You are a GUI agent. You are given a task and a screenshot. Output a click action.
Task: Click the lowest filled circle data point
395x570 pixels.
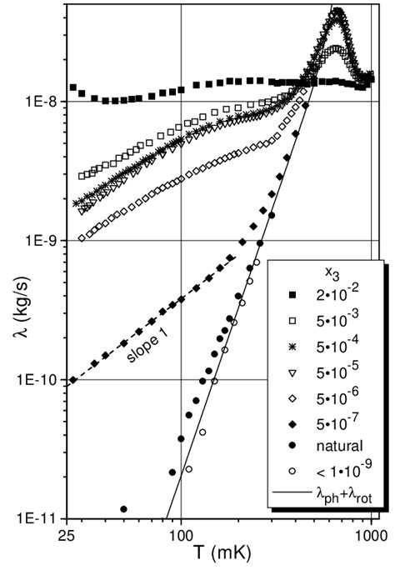click(x=123, y=508)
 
